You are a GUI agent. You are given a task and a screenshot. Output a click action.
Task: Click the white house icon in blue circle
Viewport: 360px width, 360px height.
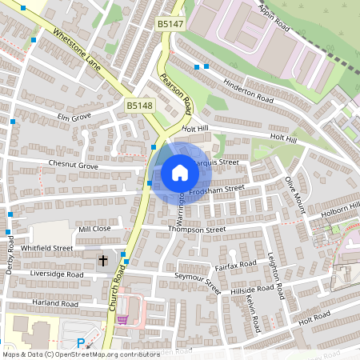pyautogui.click(x=180, y=173)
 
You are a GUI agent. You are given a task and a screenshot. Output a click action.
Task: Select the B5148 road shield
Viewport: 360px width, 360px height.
pyautogui.click(x=138, y=105)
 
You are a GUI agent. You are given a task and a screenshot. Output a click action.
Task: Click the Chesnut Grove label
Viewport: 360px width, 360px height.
pyautogui.click(x=72, y=166)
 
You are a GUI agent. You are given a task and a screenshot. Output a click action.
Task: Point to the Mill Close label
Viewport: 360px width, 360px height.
pyautogui.click(x=94, y=229)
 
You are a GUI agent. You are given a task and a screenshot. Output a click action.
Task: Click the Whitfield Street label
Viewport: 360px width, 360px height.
pyautogui.click(x=46, y=249)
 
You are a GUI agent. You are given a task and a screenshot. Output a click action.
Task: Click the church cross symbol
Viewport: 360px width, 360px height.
pyautogui.click(x=102, y=261)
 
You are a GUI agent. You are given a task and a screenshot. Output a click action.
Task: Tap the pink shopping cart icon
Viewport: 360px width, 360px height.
pyautogui.click(x=122, y=319)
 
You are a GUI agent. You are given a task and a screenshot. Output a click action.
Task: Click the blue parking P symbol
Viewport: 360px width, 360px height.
pyautogui.click(x=80, y=343)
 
